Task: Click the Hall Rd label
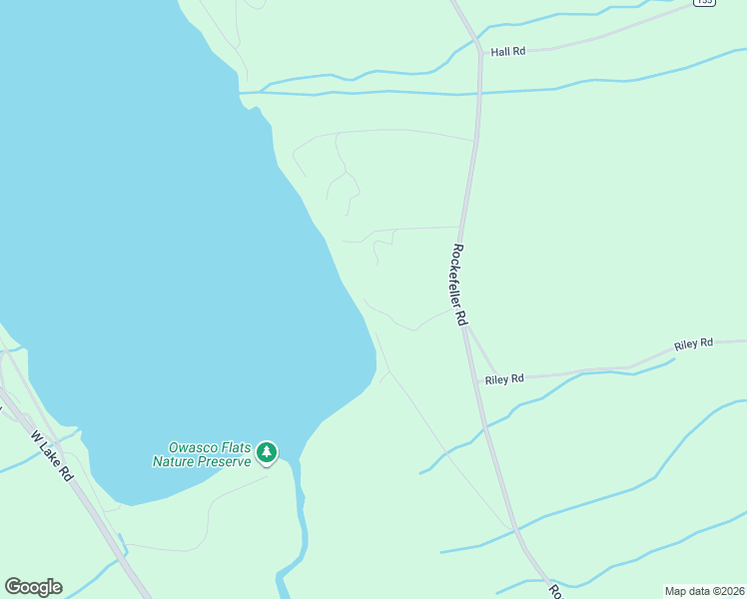coord(507,51)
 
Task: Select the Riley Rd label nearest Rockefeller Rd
coord(504,379)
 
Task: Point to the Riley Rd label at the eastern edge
coord(693,344)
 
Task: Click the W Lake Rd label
coord(53,456)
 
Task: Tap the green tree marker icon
coord(266,453)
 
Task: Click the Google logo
coord(33,587)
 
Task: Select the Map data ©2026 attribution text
coord(704,591)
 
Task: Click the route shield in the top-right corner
coord(704,4)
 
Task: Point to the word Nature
coord(171,461)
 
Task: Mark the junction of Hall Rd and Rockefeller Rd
coord(480,53)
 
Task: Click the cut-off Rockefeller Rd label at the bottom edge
coord(556,591)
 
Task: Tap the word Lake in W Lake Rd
coord(52,455)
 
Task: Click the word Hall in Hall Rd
coord(500,51)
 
